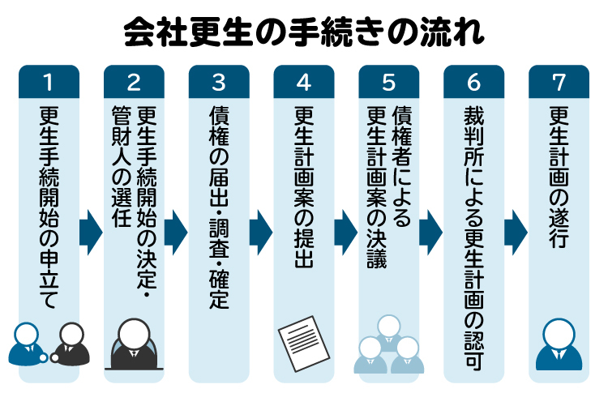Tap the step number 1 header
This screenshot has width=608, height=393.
coord(49,81)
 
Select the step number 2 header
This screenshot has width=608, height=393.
coord(134,81)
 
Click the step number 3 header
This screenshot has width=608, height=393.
coord(219,81)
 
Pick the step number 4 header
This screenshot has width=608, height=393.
coord(304,81)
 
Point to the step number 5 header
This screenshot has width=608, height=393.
coord(389,81)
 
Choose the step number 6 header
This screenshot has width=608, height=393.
coord(474,81)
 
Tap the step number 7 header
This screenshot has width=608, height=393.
coord(559,81)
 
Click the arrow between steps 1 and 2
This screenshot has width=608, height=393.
coord(91,233)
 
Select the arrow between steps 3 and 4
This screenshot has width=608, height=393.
coord(261,233)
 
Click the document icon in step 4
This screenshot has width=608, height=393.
coord(304,344)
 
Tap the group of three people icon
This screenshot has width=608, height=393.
coord(389,344)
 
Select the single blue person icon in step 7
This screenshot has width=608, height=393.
coord(559,344)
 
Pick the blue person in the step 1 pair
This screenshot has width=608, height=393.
coord(26,344)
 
